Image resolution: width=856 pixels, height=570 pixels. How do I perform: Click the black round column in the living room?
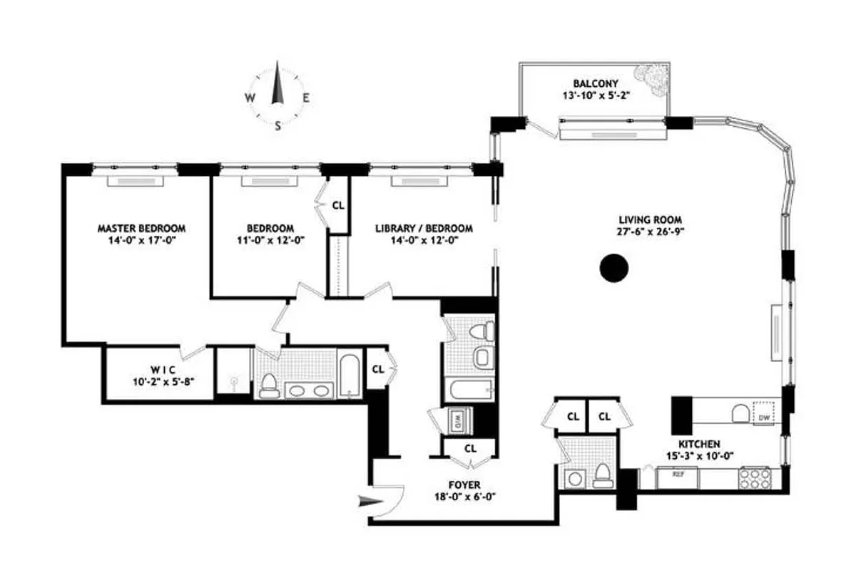tap(613, 269)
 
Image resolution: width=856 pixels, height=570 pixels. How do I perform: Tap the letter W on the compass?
tap(250, 98)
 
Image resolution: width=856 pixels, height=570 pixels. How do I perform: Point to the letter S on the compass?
tap(278, 125)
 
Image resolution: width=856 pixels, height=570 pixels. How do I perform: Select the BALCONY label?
tap(593, 82)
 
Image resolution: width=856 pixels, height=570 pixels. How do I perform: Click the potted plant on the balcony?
tap(651, 76)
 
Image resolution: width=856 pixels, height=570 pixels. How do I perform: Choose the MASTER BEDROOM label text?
tap(141, 229)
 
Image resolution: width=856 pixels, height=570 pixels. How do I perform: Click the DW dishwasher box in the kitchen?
tap(764, 417)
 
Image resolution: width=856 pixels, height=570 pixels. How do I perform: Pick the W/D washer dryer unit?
tap(455, 419)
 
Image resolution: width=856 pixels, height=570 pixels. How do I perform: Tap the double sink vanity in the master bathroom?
tap(308, 390)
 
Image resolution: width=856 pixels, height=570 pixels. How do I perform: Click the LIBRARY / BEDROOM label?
tap(424, 229)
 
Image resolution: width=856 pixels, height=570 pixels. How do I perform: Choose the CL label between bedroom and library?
tap(338, 205)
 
